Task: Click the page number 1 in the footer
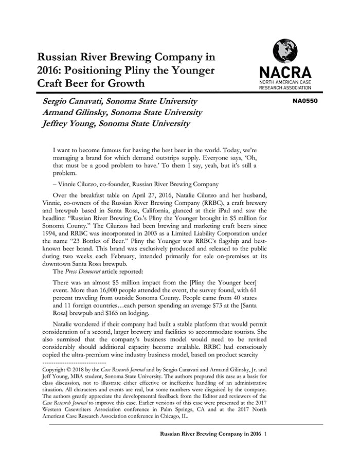click(x=265, y=434)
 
